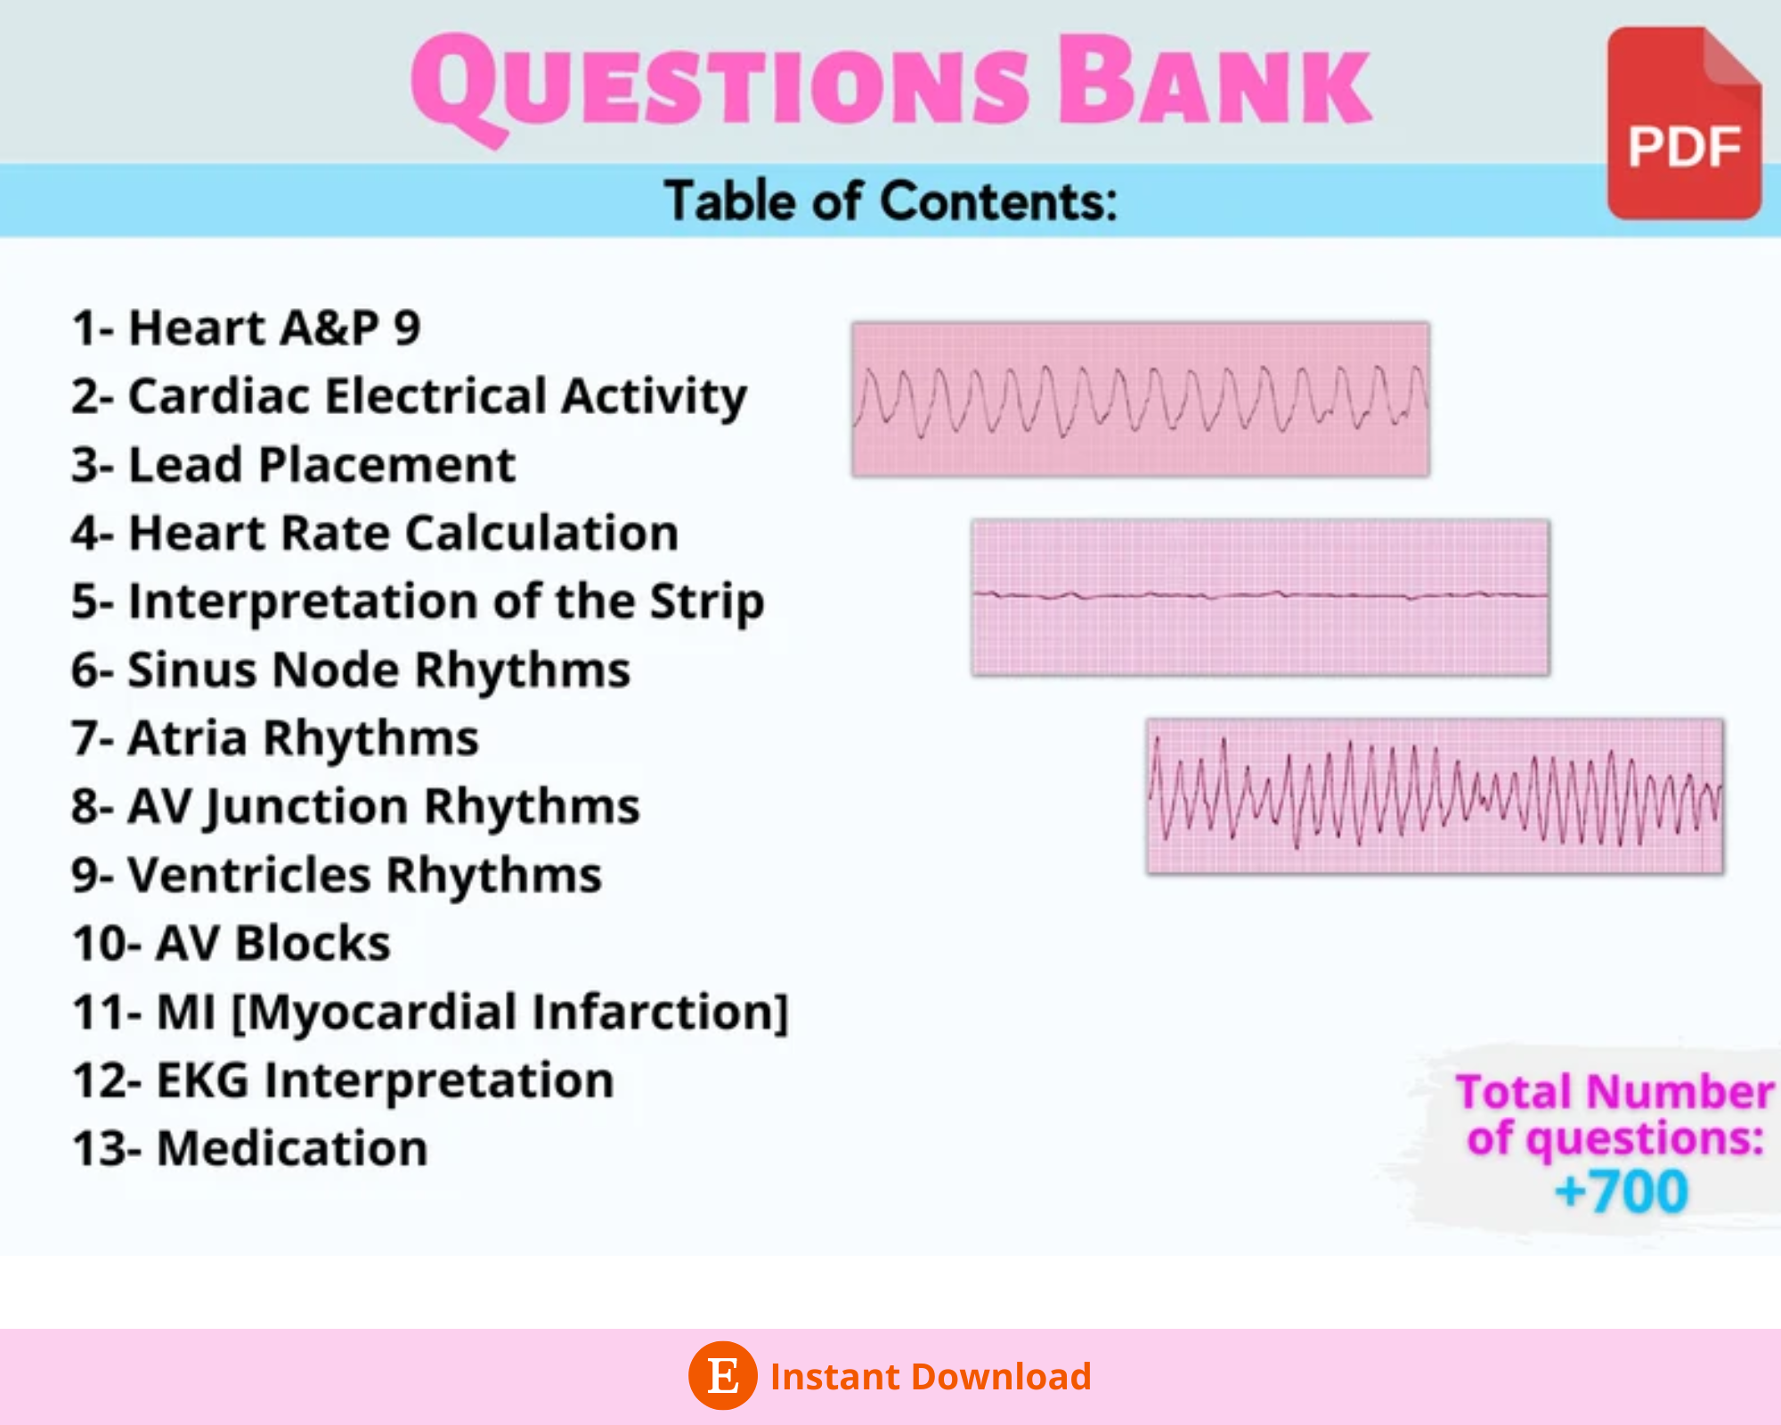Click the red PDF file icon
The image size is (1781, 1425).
coord(1683,125)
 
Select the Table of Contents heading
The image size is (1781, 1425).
coord(890,201)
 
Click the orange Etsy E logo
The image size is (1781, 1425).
coord(722,1375)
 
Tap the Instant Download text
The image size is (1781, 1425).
coord(931,1376)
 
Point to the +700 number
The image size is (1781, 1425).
coord(1621,1192)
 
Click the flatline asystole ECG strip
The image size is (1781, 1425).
coord(1260,597)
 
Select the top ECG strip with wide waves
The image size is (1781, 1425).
coord(1140,399)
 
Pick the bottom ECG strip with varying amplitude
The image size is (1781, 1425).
coord(1435,795)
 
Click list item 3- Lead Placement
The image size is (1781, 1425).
coord(294,465)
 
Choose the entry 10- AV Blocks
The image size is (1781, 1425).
coord(232,943)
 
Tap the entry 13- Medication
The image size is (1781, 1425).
coord(250,1148)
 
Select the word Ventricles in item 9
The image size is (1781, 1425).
coord(249,875)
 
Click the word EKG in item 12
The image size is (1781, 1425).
coord(203,1080)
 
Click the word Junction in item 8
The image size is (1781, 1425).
coord(306,807)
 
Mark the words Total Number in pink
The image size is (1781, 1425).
coord(1614,1092)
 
